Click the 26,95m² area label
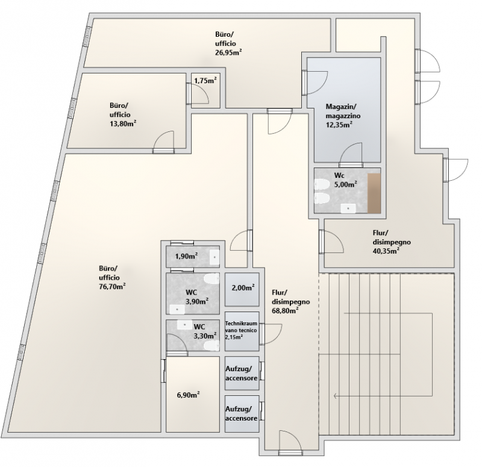[x=228, y=52]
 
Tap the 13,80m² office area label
[x=123, y=124]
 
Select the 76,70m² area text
[x=112, y=287]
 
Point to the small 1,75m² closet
[x=205, y=90]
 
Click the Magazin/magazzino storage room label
[x=343, y=111]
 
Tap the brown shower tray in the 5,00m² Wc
[x=374, y=193]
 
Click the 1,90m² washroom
[x=193, y=257]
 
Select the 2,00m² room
[x=242, y=289]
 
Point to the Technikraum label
[x=241, y=324]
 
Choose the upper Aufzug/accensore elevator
[x=242, y=373]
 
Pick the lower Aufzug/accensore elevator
[x=242, y=413]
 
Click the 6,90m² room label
[x=189, y=395]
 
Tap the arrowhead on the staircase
[x=336, y=396]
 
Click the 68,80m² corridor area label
[x=285, y=310]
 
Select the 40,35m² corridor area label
[x=386, y=251]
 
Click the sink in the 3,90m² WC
[x=177, y=309]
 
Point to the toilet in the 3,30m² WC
[x=212, y=345]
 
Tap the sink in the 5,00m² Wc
[x=348, y=208]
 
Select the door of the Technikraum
[x=271, y=334]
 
